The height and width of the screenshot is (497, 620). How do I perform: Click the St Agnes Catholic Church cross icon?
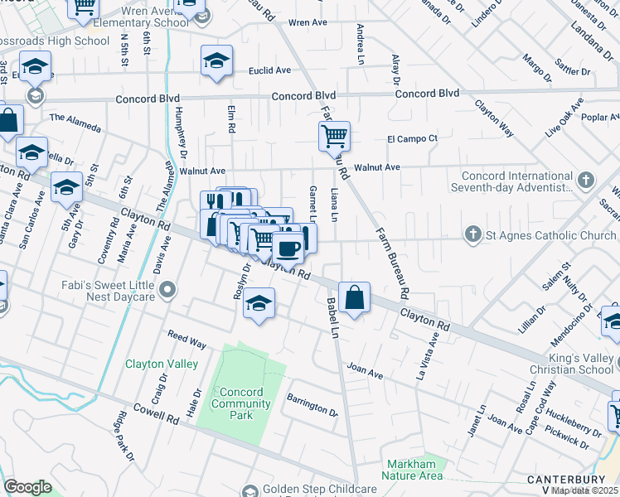tap(473, 235)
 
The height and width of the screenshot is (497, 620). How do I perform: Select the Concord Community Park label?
tap(242, 403)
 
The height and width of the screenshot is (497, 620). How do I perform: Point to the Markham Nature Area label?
tap(412, 470)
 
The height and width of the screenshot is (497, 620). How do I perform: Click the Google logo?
tap(27, 487)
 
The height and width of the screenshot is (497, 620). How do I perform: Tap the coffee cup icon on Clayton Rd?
tap(288, 246)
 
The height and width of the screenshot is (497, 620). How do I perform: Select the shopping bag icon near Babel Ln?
tap(354, 298)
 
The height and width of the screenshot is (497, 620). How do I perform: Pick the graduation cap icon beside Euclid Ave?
tap(216, 60)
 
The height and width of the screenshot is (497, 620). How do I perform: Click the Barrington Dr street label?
tap(312, 407)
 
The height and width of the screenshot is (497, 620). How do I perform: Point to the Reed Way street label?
tap(186, 340)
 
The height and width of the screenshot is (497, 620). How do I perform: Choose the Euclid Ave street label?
tap(269, 71)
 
